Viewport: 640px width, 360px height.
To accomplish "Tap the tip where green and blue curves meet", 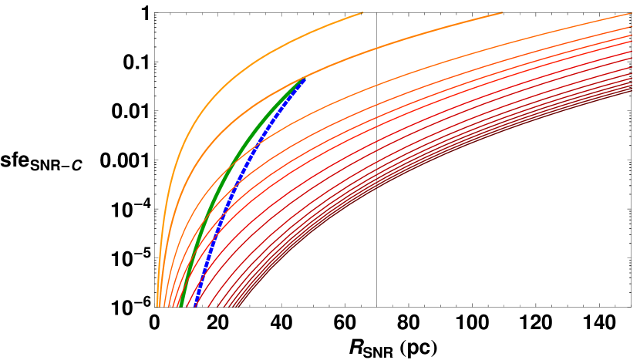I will click(x=304, y=79).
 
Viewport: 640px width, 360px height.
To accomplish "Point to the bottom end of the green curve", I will click(x=180, y=305).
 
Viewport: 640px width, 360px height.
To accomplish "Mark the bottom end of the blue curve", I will click(x=194, y=305).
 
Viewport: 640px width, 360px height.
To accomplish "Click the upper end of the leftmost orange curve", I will click(x=362, y=12).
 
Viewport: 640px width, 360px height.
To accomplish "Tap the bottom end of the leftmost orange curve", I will click(x=157, y=305).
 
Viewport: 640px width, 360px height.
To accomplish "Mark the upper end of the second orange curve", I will click(x=502, y=12).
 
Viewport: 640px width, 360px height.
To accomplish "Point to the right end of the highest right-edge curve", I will click(x=632, y=13).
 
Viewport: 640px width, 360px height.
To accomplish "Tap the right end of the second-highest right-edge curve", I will click(x=632, y=27).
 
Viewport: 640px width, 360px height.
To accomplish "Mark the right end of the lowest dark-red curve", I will click(x=632, y=93).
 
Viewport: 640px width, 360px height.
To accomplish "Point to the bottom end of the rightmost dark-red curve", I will click(x=234, y=306).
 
